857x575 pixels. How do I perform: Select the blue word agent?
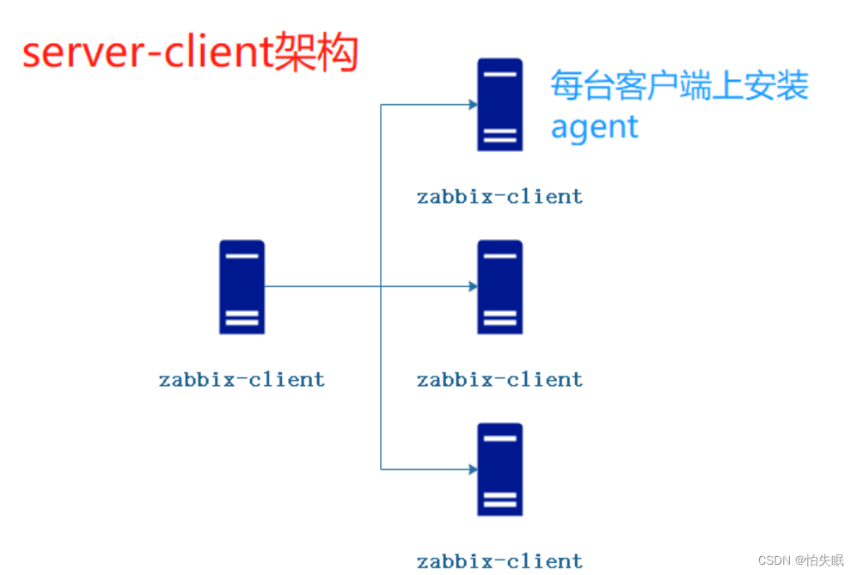pos(594,127)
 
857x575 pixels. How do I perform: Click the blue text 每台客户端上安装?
pos(679,86)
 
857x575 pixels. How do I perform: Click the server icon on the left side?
pos(242,287)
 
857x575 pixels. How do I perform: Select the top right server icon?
pos(499,104)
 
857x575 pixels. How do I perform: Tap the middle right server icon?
pos(499,287)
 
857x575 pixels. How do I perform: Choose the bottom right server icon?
pos(499,469)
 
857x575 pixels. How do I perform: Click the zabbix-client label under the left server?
pos(242,379)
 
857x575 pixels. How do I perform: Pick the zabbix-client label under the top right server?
pos(499,196)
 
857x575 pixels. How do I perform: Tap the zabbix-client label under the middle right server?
pos(499,379)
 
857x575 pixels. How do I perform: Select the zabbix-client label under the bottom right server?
pos(499,562)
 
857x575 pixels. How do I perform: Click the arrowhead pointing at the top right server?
pos(472,105)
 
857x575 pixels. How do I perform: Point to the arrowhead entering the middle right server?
pos(472,286)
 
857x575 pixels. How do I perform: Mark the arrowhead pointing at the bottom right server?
pos(472,469)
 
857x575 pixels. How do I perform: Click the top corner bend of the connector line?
pos(381,105)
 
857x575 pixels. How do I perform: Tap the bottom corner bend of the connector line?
pos(381,469)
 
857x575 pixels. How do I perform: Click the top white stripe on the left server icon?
pos(242,256)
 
